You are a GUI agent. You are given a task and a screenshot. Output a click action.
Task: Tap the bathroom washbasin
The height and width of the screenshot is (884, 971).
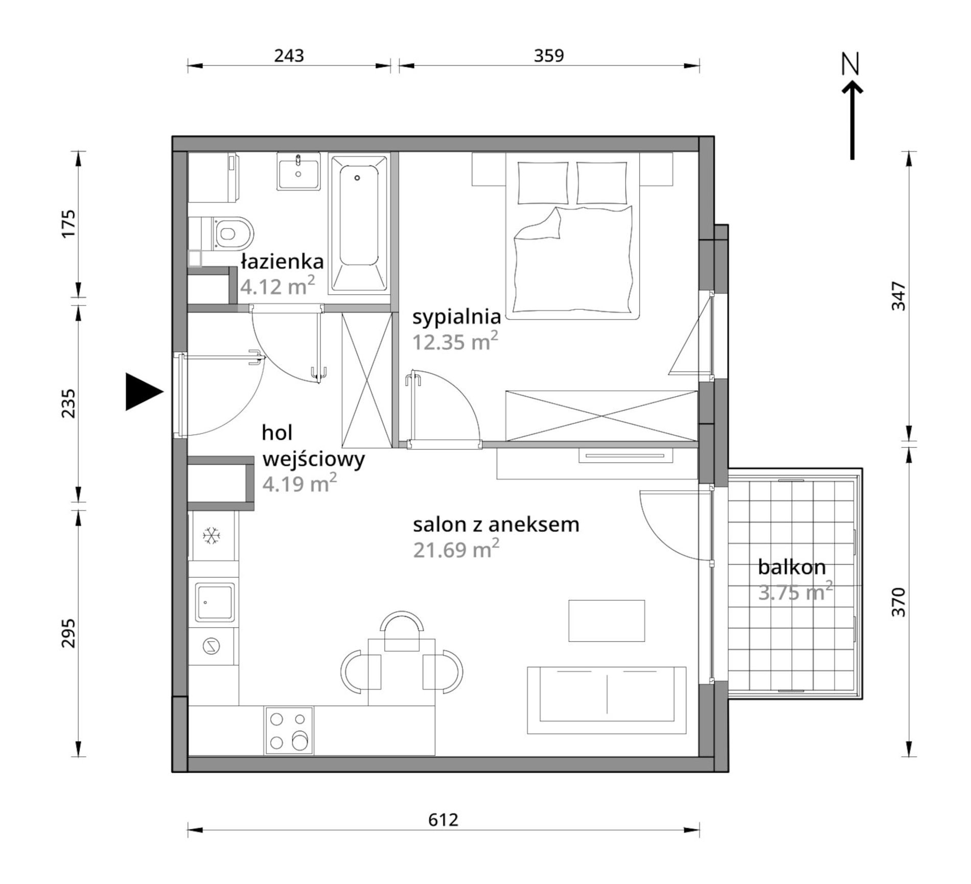[x=298, y=171]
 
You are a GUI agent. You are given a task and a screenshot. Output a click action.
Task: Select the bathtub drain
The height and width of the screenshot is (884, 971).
[x=357, y=178]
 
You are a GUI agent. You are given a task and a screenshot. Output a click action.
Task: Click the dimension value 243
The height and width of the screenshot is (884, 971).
[x=289, y=55]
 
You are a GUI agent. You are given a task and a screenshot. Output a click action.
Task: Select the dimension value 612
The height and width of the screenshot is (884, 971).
[x=443, y=819]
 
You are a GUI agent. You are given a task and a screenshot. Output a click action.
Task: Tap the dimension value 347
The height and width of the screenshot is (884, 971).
[x=898, y=296]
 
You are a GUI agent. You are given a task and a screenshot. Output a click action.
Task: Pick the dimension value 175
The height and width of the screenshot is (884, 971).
[x=68, y=223]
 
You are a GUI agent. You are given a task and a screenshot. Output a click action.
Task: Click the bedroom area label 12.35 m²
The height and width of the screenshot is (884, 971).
[x=455, y=341]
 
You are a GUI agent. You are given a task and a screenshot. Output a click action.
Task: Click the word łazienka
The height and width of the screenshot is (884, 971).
[x=282, y=261]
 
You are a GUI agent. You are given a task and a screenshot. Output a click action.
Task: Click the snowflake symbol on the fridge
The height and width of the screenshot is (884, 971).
[x=211, y=536]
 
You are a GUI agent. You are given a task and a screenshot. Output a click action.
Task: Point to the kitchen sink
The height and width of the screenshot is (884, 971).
[x=215, y=603]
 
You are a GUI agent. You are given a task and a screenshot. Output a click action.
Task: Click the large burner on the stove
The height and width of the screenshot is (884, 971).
[x=299, y=742]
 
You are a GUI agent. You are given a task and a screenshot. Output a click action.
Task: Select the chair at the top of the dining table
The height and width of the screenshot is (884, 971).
[x=402, y=630]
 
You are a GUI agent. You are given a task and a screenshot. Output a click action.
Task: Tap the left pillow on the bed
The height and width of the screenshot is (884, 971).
[x=543, y=183]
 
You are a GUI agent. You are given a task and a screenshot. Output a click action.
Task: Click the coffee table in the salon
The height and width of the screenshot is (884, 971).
[x=607, y=620]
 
